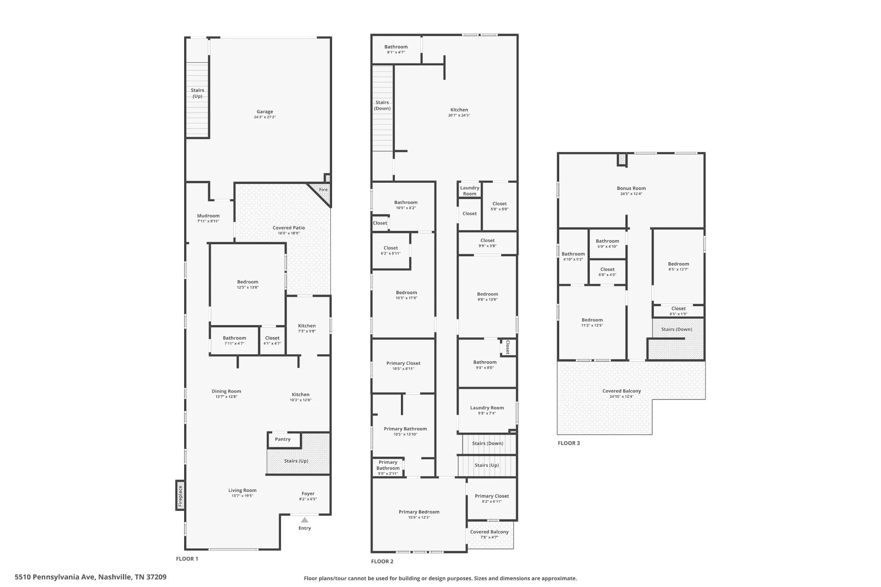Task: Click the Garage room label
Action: tap(265, 112)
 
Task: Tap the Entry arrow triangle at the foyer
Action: tap(305, 520)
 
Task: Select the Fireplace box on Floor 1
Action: tap(180, 495)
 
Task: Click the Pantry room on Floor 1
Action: tap(284, 440)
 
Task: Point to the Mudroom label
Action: tap(208, 216)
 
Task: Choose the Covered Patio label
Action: tap(289, 228)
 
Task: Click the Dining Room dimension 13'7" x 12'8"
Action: tap(226, 397)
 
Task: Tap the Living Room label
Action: tap(242, 490)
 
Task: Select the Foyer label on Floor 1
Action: tap(308, 494)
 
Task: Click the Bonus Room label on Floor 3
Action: tap(631, 188)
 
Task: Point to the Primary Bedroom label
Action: tap(419, 512)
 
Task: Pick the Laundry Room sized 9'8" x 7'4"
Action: tap(487, 411)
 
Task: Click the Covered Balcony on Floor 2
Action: tap(490, 535)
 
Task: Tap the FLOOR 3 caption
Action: tap(569, 443)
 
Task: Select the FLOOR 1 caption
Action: tap(187, 559)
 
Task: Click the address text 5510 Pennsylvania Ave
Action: tap(55, 577)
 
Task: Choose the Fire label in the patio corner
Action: tap(323, 190)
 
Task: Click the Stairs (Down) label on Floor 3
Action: tap(677, 329)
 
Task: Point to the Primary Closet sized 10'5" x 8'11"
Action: tap(404, 366)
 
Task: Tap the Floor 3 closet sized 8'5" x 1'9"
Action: tap(678, 311)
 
